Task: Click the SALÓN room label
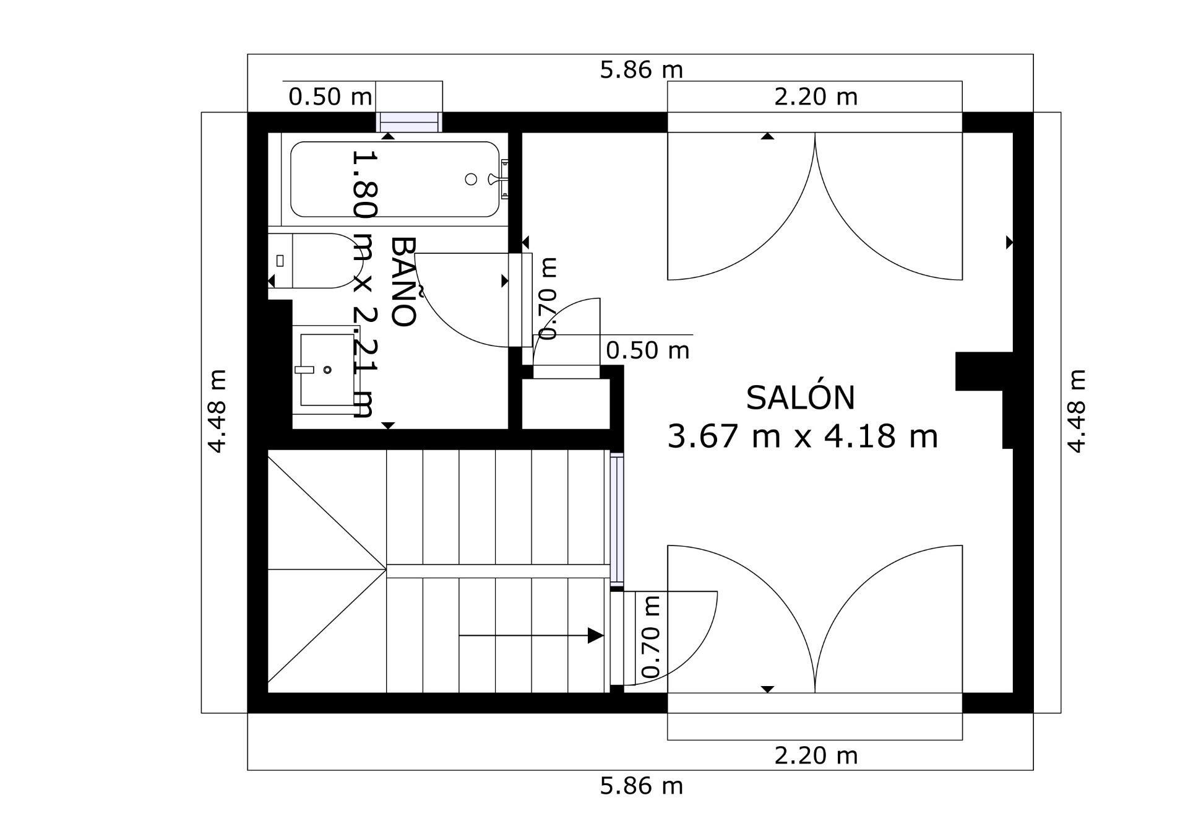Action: [x=800, y=398]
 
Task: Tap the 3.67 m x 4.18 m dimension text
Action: [x=803, y=436]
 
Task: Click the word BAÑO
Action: [x=403, y=282]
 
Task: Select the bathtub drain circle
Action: [x=471, y=179]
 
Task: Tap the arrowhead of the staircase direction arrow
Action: [x=595, y=635]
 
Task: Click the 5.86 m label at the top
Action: [x=641, y=70]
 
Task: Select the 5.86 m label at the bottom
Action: [x=641, y=786]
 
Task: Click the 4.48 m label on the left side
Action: [x=217, y=412]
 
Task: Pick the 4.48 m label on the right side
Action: [x=1076, y=412]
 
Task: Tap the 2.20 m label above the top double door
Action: [x=816, y=97]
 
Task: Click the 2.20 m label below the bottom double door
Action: [x=816, y=755]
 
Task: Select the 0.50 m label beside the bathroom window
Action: [x=330, y=97]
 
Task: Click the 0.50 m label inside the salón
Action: [x=647, y=350]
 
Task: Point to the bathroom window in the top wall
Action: [x=410, y=122]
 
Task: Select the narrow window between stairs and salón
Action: [x=617, y=520]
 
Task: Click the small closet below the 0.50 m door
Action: [x=566, y=403]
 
